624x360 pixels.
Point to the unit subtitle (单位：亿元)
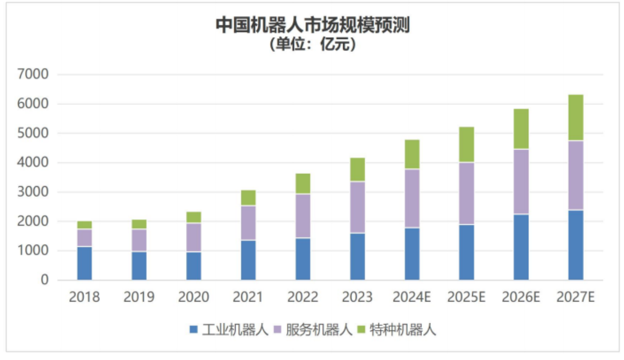312,44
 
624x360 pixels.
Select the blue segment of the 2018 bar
84,263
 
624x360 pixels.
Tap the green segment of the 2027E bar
575,118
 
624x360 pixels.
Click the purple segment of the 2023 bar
357,207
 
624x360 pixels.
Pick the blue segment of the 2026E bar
521,247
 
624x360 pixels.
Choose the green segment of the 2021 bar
248,198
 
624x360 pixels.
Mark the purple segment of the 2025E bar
467,194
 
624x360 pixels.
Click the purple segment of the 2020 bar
194,237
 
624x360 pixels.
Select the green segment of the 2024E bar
412,154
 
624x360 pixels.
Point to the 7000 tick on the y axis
33,74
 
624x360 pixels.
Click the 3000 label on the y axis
33,192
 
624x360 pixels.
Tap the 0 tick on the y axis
45,280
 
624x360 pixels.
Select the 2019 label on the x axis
139,297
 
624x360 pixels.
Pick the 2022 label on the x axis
303,297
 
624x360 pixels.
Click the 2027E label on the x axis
575,297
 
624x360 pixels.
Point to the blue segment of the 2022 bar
303,259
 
